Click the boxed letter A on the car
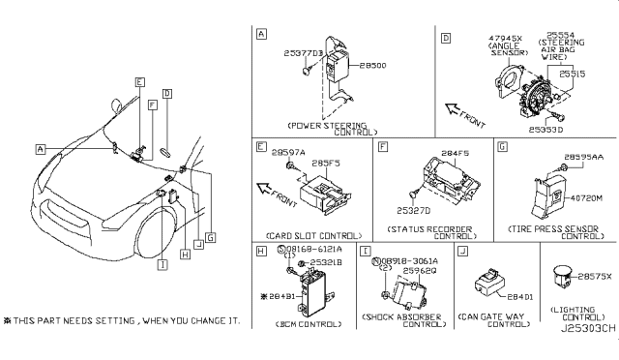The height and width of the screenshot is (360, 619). click(x=42, y=149)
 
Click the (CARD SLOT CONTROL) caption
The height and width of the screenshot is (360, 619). click(x=307, y=236)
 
